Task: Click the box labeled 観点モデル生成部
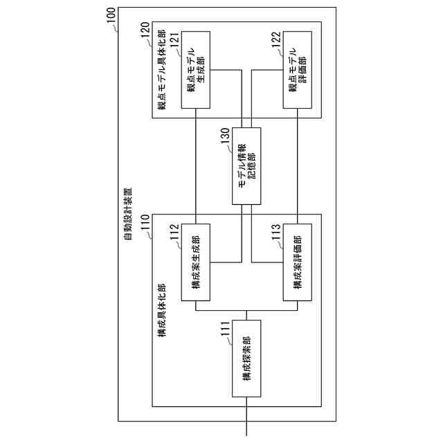click(x=196, y=69)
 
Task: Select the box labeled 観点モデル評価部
click(x=298, y=69)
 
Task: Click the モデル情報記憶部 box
click(x=247, y=166)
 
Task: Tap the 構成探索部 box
click(x=247, y=359)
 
